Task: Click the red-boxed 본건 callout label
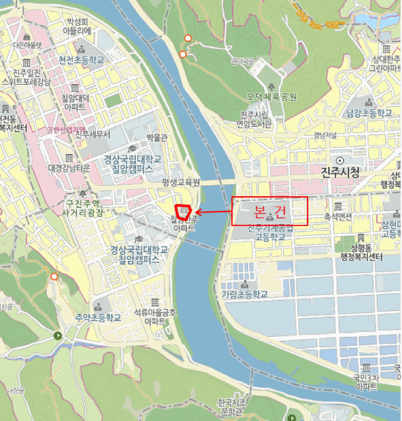[270, 211]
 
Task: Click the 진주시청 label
[340, 173]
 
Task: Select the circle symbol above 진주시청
[340, 160]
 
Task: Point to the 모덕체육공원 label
[272, 97]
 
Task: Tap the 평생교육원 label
[180, 182]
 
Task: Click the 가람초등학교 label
[244, 294]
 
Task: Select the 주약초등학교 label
[99, 317]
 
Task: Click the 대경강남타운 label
[69, 168]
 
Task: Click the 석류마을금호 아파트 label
[155, 316]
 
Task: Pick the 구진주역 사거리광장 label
[83, 208]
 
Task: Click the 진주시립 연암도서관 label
[255, 120]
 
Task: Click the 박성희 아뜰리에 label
[79, 26]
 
